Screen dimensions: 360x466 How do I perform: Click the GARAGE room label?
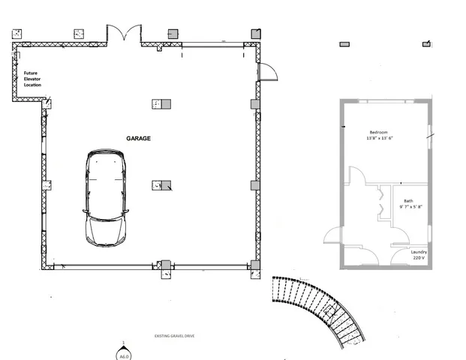pos(138,139)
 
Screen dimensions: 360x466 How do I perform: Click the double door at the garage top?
pos(122,34)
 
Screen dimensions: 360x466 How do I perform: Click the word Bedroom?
pos(378,132)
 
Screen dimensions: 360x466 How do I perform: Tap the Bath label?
pos(408,201)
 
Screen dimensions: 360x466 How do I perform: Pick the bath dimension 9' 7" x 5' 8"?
pos(410,207)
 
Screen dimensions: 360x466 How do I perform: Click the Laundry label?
pos(419,252)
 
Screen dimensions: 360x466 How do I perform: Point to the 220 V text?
pos(419,258)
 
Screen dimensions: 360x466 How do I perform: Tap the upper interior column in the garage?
pos(161,104)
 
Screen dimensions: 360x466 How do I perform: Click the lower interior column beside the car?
pos(161,185)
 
